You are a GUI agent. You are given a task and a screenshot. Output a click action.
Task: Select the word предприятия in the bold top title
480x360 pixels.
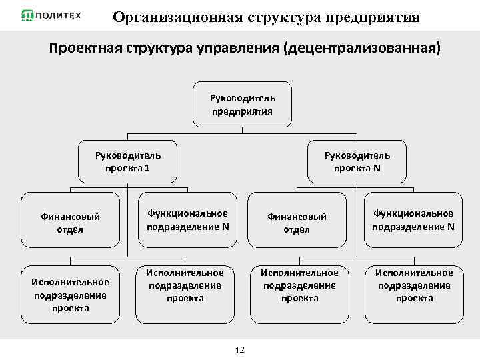click(x=371, y=17)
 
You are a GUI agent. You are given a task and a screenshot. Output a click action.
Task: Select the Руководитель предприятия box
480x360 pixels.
click(x=242, y=105)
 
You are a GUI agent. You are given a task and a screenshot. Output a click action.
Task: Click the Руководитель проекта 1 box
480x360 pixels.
click(x=127, y=161)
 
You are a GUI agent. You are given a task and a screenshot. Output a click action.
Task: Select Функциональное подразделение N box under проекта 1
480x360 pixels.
click(x=187, y=220)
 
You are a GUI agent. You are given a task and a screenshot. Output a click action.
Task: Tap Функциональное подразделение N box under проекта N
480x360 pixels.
click(x=413, y=220)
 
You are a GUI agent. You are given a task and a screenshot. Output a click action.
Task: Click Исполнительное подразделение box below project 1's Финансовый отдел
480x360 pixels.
click(x=70, y=291)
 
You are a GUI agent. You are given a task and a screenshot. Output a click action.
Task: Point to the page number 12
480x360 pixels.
click(x=241, y=350)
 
